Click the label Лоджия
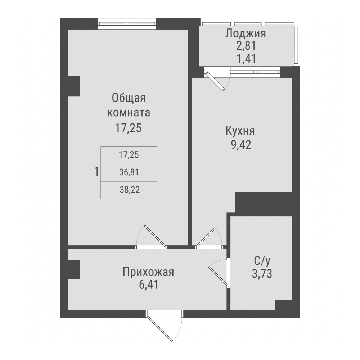click(246, 34)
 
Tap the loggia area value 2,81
click(246, 46)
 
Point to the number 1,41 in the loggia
click(246, 58)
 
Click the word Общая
click(129, 98)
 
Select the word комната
click(129, 113)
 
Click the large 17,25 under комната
click(129, 129)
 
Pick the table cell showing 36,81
click(129, 173)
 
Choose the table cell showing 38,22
click(129, 190)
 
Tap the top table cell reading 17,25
click(129, 155)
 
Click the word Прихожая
click(148, 272)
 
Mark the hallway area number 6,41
click(148, 285)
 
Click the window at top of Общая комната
click(127, 24)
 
